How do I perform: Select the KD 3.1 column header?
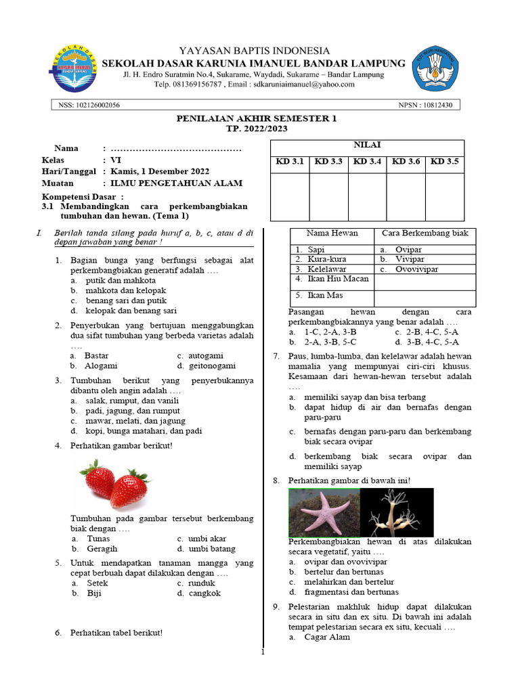click(x=290, y=162)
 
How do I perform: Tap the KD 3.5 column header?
click(x=444, y=162)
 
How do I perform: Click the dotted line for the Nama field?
click(x=176, y=148)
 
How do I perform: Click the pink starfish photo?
click(x=324, y=512)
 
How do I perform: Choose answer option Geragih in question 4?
click(x=102, y=549)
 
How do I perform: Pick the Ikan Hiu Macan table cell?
click(x=332, y=279)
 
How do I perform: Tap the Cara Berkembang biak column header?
click(x=425, y=233)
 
